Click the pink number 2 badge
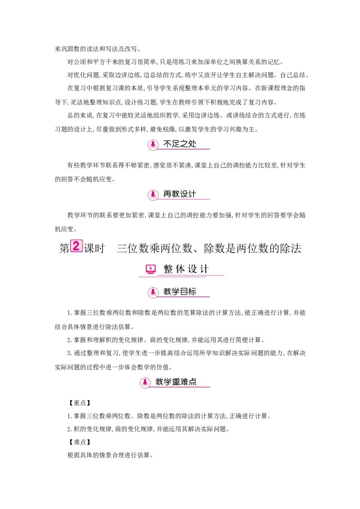pyautogui.click(x=76, y=246)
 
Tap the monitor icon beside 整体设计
pyautogui.click(x=151, y=269)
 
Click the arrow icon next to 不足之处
pyautogui.click(x=153, y=145)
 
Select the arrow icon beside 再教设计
pyautogui.click(x=153, y=195)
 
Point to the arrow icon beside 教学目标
pyautogui.click(x=153, y=292)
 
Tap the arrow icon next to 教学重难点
pyautogui.click(x=145, y=383)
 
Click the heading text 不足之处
pyautogui.click(x=180, y=144)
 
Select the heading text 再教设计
pyautogui.click(x=180, y=194)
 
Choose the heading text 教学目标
pyautogui.click(x=180, y=292)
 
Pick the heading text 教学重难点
pyautogui.click(x=176, y=382)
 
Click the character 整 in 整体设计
pyautogui.click(x=168, y=269)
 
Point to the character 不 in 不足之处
pyautogui.click(x=167, y=144)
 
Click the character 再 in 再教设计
pyautogui.click(x=167, y=194)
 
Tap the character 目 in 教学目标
pyautogui.click(x=184, y=292)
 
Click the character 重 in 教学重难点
pyautogui.click(x=176, y=382)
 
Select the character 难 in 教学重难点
pyautogui.click(x=184, y=382)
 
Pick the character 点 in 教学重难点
pyautogui.click(x=193, y=382)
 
